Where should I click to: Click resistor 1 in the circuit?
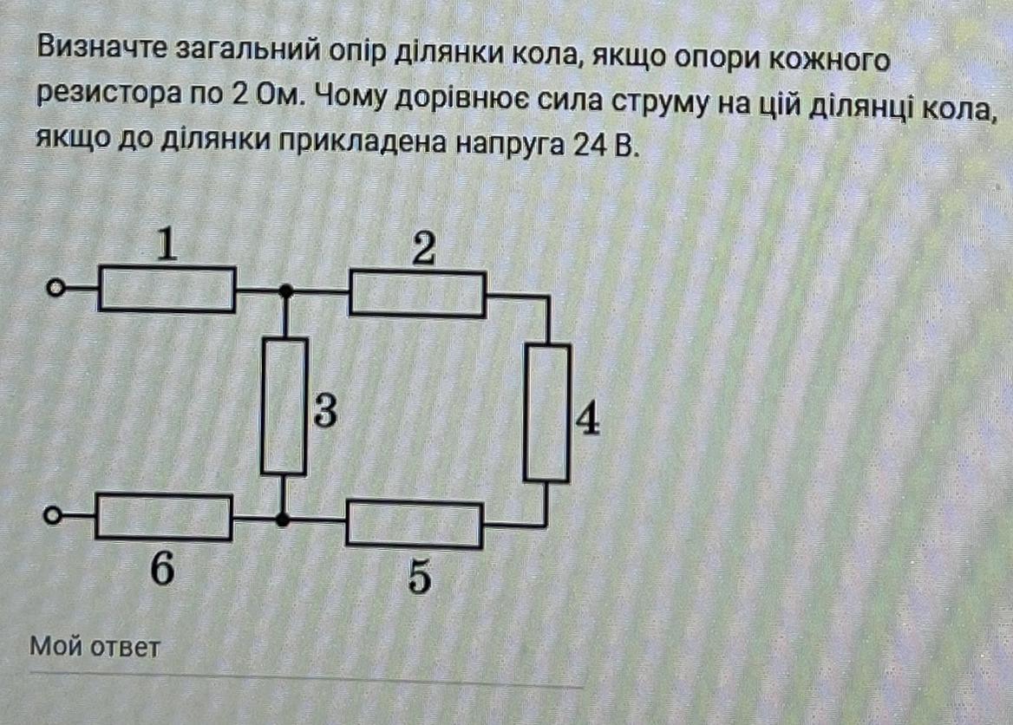tap(167, 289)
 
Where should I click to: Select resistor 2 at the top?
tap(417, 294)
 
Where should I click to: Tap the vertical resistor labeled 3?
tap(284, 406)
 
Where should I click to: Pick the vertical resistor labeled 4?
tap(547, 412)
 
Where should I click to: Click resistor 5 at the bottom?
tap(414, 524)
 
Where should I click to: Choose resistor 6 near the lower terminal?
tap(164, 517)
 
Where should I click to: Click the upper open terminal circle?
tap(55, 289)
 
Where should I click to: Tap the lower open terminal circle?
tap(52, 517)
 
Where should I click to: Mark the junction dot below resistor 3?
tap(282, 519)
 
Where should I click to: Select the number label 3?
tap(325, 414)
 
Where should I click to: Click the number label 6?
tap(162, 571)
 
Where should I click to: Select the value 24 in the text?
tap(586, 144)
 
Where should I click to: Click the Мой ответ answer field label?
tap(95, 647)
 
